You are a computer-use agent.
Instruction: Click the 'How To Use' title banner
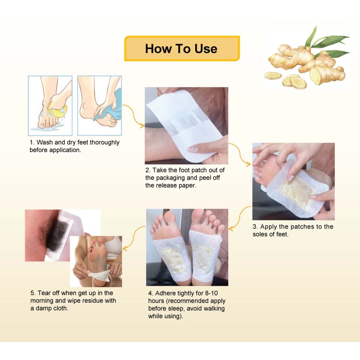point(181,49)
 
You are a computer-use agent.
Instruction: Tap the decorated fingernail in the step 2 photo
point(193,148)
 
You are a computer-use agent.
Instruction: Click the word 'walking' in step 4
point(211,308)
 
